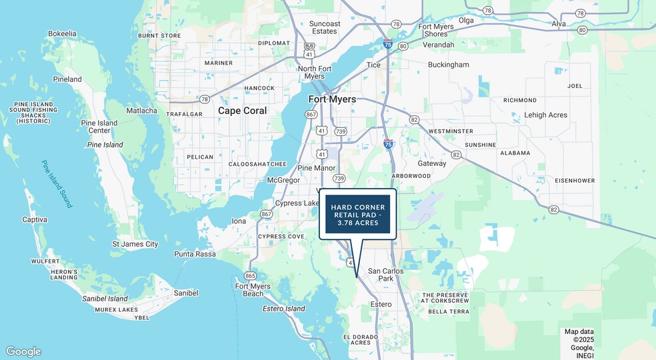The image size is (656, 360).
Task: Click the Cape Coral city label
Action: pyautogui.click(x=242, y=111)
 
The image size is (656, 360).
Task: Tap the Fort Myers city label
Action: pyautogui.click(x=332, y=99)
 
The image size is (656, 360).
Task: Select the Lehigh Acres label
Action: pyautogui.click(x=545, y=115)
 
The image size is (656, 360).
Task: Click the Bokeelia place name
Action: pyautogui.click(x=62, y=33)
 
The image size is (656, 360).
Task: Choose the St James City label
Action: pyautogui.click(x=135, y=244)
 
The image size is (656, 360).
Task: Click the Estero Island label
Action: pyautogui.click(x=283, y=309)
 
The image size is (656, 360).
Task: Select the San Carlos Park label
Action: pyautogui.click(x=385, y=275)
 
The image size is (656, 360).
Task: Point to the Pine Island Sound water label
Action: pyautogui.click(x=56, y=184)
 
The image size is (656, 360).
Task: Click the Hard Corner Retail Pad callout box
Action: pyautogui.click(x=357, y=214)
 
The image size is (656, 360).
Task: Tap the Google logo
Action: pyautogui.click(x=23, y=351)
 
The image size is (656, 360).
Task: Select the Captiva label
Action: pyautogui.click(x=35, y=219)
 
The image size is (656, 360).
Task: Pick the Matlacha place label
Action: pyautogui.click(x=141, y=111)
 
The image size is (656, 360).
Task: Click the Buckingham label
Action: pyautogui.click(x=448, y=65)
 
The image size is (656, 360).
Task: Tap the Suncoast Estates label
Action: pyautogui.click(x=324, y=27)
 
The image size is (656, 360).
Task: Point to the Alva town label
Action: pyautogui.click(x=559, y=24)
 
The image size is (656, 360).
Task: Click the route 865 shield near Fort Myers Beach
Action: pyautogui.click(x=250, y=275)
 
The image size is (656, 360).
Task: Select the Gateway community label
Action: pyautogui.click(x=431, y=163)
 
